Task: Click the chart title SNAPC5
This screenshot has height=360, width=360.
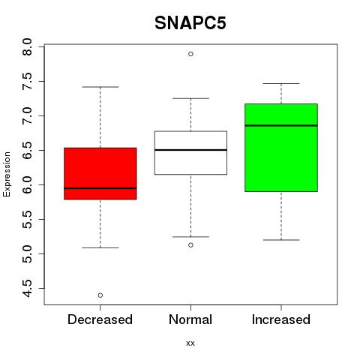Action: (190, 23)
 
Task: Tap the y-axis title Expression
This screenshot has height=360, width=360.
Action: (7, 174)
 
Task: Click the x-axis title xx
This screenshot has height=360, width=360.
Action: (190, 343)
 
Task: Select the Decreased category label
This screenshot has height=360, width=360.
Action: (100, 319)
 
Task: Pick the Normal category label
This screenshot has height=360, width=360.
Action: (190, 319)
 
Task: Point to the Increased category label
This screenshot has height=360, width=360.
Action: (281, 319)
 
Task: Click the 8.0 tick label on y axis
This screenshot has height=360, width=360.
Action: (27, 47)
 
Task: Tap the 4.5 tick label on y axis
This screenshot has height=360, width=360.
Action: (27, 288)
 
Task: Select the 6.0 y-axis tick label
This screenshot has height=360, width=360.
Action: (27, 184)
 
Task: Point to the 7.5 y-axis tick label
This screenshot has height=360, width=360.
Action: (27, 82)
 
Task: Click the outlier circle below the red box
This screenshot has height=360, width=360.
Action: (100, 295)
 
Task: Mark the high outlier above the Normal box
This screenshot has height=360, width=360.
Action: (190, 54)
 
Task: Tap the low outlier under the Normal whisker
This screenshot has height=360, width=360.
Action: (190, 245)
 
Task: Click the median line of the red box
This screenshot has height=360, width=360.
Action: (100, 188)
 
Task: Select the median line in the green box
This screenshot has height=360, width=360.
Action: (281, 125)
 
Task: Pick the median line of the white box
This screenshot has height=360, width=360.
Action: (190, 150)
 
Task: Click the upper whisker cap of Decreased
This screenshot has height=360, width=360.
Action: (100, 87)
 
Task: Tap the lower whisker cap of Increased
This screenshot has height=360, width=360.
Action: (281, 240)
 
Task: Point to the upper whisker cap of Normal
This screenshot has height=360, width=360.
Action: (190, 98)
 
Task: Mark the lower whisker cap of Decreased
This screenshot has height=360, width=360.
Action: (100, 247)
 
